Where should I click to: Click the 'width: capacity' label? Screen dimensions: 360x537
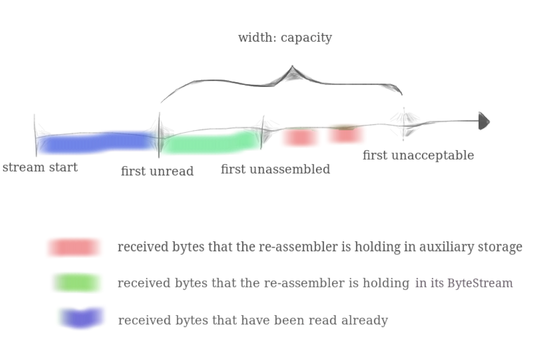pyautogui.click(x=285, y=38)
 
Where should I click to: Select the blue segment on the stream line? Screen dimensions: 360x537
pyautogui.click(x=97, y=143)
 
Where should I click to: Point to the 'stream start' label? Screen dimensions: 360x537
pyautogui.click(x=40, y=167)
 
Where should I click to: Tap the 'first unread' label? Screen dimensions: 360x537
pyautogui.click(x=157, y=171)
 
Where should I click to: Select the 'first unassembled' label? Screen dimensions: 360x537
pyautogui.click(x=275, y=169)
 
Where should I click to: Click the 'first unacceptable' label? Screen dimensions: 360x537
pyautogui.click(x=418, y=155)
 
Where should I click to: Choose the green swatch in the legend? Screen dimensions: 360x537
pyautogui.click(x=77, y=283)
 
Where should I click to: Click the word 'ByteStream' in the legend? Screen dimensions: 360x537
pyautogui.click(x=480, y=283)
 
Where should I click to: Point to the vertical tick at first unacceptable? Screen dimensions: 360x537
pyautogui.click(x=404, y=124)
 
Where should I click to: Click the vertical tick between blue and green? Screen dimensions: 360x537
pyautogui.click(x=159, y=135)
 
